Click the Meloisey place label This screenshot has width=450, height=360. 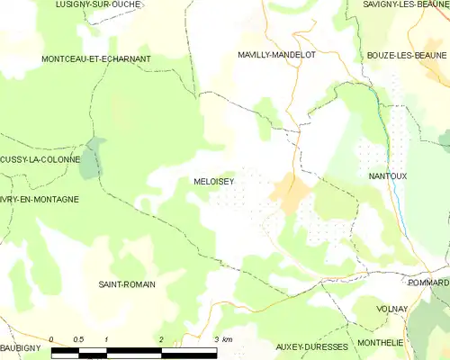(x=213, y=180)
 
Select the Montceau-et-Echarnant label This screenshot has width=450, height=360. (x=96, y=58)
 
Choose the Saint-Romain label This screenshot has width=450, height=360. (x=127, y=283)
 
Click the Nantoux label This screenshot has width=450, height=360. (x=389, y=176)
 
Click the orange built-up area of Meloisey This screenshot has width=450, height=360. (x=291, y=191)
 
